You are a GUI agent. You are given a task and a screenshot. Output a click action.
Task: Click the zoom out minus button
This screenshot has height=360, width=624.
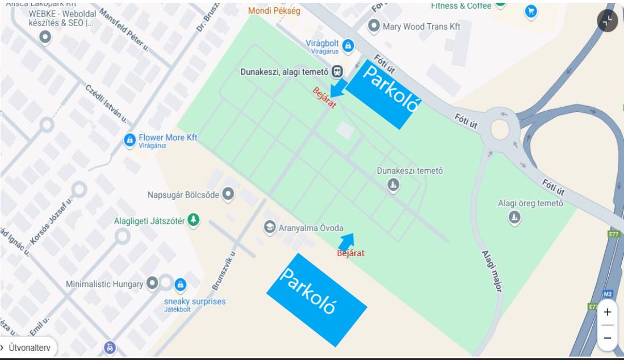click(x=607, y=338)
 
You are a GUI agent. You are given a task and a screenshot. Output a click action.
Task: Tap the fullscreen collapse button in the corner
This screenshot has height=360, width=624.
click(x=607, y=21)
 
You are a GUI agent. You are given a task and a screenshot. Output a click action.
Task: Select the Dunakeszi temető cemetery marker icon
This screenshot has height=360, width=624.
click(x=393, y=185)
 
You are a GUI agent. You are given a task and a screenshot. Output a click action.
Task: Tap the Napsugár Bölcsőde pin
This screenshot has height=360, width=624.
click(x=228, y=195)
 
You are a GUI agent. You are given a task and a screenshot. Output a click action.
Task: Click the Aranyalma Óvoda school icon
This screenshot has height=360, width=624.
click(x=269, y=228)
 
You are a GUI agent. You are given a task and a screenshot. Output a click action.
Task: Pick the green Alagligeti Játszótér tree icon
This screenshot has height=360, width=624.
click(x=194, y=220)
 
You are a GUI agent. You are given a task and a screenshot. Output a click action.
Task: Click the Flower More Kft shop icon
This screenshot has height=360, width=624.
click(x=129, y=140)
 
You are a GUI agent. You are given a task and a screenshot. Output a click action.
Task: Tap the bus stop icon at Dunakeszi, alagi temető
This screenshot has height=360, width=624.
click(x=338, y=72)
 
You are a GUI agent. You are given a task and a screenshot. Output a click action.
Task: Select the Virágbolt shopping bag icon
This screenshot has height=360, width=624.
click(x=347, y=45)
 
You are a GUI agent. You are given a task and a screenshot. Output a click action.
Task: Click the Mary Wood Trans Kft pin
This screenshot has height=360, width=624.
click(x=374, y=26)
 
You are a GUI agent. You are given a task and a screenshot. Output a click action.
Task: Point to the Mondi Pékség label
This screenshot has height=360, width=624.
click(x=274, y=10)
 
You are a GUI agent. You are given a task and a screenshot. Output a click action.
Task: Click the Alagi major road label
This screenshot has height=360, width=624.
click(x=491, y=271)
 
